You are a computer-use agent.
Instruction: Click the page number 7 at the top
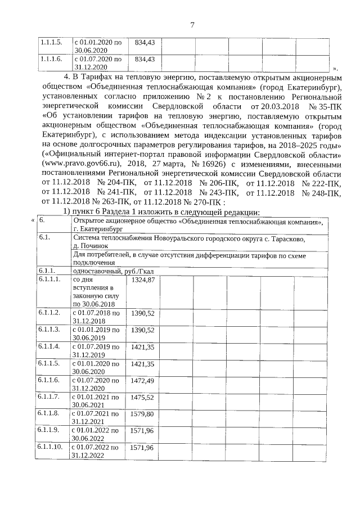tap(192, 25)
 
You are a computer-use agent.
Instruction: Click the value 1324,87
tap(142, 280)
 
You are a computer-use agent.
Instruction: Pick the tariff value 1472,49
tap(142, 382)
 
